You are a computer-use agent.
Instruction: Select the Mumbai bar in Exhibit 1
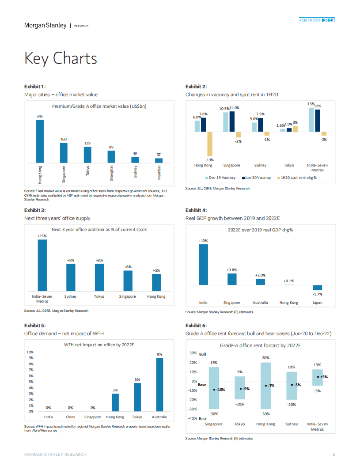(x=159, y=160)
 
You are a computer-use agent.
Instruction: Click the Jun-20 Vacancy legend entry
(x=257, y=178)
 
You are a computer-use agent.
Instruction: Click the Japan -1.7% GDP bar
(x=317, y=288)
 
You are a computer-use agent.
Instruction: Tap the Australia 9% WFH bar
(x=159, y=384)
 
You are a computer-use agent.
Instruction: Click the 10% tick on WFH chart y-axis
(x=31, y=352)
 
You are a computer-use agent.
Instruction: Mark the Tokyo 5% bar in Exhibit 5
(x=137, y=397)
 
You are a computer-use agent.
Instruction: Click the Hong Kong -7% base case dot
(x=266, y=386)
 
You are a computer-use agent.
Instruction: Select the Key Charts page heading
(x=61, y=58)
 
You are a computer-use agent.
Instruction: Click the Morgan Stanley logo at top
(x=45, y=25)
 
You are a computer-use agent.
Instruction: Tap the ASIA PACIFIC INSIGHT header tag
(x=317, y=20)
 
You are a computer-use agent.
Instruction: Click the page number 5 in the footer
(x=333, y=454)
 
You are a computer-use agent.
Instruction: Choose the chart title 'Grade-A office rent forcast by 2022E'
(x=261, y=345)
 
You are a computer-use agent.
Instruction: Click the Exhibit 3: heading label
(x=35, y=211)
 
